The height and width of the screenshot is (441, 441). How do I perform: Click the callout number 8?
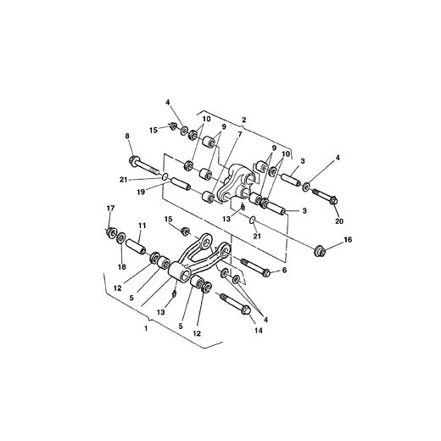128,137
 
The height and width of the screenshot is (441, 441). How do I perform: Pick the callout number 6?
284,270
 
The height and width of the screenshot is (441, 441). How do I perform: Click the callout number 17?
109,209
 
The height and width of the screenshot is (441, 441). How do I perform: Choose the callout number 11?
142,225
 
